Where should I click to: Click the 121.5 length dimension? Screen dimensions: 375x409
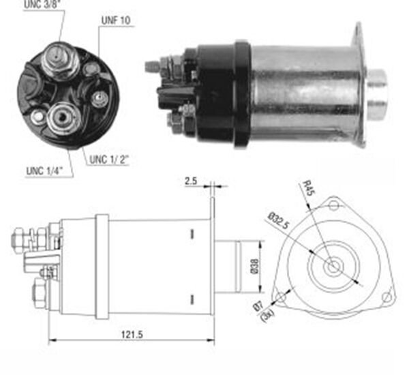pyautogui.click(x=130, y=335)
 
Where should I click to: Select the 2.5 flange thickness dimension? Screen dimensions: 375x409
pyautogui.click(x=191, y=181)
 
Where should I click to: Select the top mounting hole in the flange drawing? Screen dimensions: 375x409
pyautogui.click(x=333, y=205)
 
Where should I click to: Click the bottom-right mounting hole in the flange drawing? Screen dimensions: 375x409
pyautogui.click(x=386, y=296)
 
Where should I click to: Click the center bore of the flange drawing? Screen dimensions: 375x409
pyautogui.click(x=333, y=267)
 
